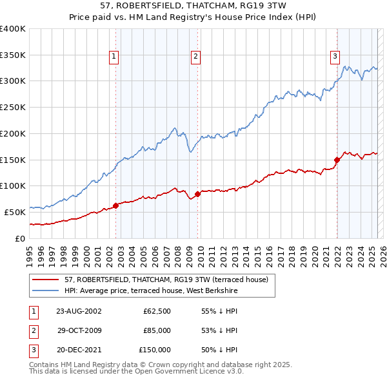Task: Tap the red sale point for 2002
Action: (x=116, y=205)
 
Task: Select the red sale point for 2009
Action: (x=197, y=194)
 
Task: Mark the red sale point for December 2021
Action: (x=337, y=160)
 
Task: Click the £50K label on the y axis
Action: (x=15, y=212)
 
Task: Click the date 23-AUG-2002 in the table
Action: (x=79, y=310)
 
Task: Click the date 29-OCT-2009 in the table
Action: (x=79, y=330)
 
